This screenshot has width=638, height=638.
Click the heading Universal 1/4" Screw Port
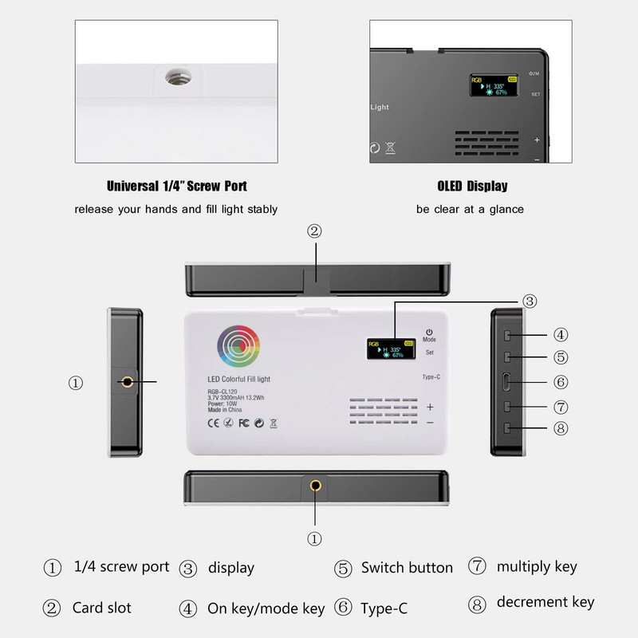176,187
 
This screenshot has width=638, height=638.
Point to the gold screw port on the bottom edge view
314,485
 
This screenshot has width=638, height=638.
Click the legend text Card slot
103,608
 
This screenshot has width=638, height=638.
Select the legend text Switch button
407,568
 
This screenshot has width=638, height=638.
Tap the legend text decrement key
545,602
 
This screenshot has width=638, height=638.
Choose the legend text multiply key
537,567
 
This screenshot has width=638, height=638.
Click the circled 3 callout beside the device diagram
530,301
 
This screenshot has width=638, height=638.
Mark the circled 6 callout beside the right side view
561,382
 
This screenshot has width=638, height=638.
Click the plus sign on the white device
430,406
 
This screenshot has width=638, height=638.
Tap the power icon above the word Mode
429,331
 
